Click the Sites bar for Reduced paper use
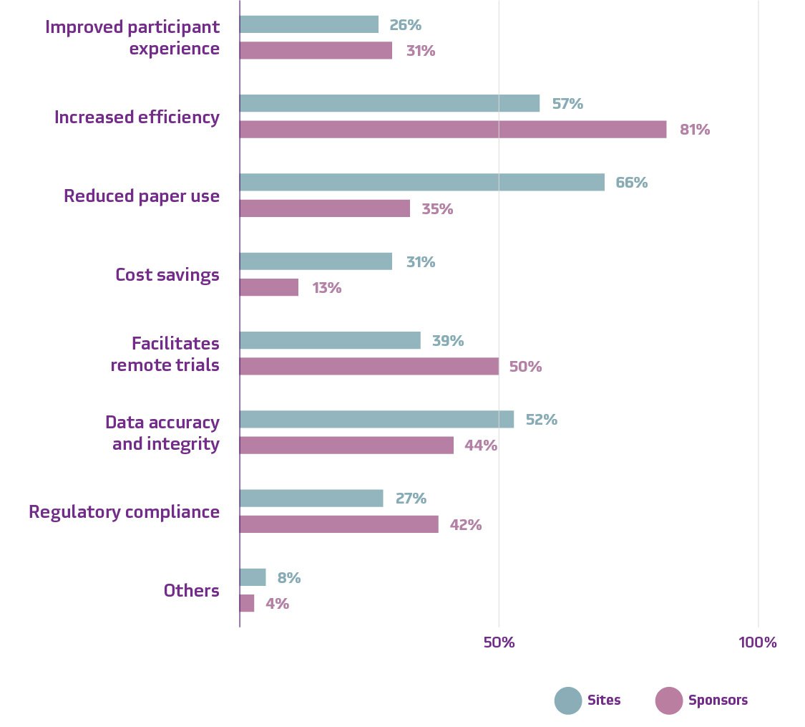[x=421, y=182]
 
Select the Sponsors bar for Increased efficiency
[x=452, y=130]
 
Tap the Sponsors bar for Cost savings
[x=268, y=287]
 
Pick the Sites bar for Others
[x=253, y=577]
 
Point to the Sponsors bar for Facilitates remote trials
[x=369, y=366]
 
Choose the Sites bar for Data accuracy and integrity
[x=376, y=419]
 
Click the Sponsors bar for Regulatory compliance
[x=338, y=524]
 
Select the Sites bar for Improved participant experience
[x=308, y=24]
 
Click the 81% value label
[x=695, y=130]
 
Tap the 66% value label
[x=632, y=183]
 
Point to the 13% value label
[x=326, y=288]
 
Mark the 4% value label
[x=277, y=604]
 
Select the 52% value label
[x=542, y=420]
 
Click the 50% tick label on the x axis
[x=499, y=642]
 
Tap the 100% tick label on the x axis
[x=757, y=642]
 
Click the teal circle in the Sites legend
[x=568, y=700]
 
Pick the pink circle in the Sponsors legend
[x=669, y=700]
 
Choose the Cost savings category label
[x=167, y=275]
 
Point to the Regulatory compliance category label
[x=124, y=512]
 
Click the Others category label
[x=191, y=591]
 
